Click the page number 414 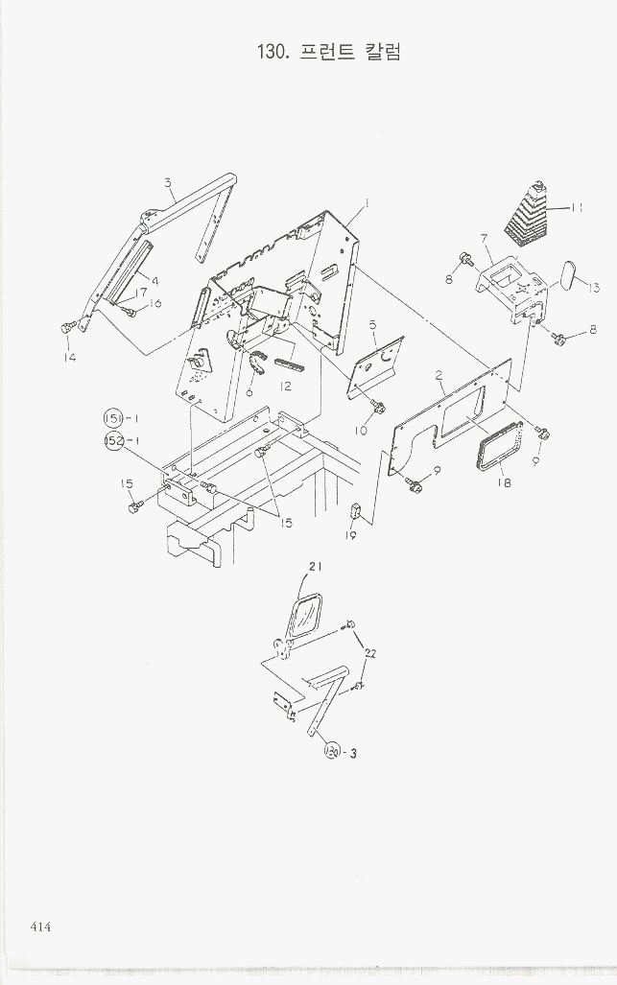pyautogui.click(x=40, y=926)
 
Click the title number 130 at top pyautogui.click(x=271, y=52)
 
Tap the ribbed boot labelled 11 pyautogui.click(x=528, y=212)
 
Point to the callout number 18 pyautogui.click(x=503, y=482)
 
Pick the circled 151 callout pyautogui.click(x=112, y=418)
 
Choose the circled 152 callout pyautogui.click(x=113, y=440)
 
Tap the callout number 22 pyautogui.click(x=370, y=654)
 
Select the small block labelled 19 pyautogui.click(x=354, y=509)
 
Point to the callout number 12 pyautogui.click(x=285, y=387)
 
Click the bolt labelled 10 pyautogui.click(x=378, y=407)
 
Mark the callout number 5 pyautogui.click(x=372, y=325)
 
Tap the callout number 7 pyautogui.click(x=484, y=239)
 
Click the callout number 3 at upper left pyautogui.click(x=168, y=183)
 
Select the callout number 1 pyautogui.click(x=367, y=203)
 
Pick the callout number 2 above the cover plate pyautogui.click(x=439, y=375)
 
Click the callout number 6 pyautogui.click(x=249, y=392)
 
